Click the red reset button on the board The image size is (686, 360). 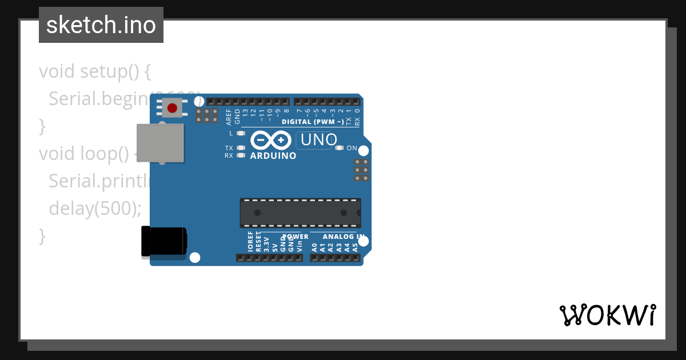[172, 107]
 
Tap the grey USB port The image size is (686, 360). [160, 143]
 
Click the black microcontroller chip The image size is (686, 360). [300, 213]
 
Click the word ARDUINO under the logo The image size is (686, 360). [273, 155]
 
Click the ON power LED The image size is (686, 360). [340, 148]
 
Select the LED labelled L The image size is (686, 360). [241, 133]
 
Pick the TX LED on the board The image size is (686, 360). [241, 148]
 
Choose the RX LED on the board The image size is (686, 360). [241, 155]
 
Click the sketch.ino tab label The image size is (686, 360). [101, 25]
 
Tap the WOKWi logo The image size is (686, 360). [608, 315]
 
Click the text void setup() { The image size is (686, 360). [95, 71]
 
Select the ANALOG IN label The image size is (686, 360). [344, 236]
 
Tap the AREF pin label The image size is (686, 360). [229, 117]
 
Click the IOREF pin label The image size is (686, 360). [250, 242]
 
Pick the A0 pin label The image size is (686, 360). [314, 247]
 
